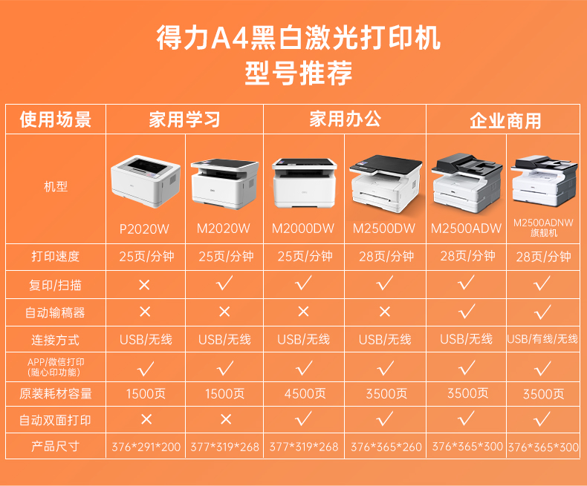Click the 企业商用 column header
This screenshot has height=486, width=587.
coord(505,121)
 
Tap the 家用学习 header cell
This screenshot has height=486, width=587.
coord(184,119)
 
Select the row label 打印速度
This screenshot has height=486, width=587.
coord(56,257)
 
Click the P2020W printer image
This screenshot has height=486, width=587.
coord(146,181)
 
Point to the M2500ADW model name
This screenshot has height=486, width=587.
coord(466,229)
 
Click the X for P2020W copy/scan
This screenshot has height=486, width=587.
coord(144,285)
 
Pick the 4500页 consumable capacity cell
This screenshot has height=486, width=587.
coord(305,394)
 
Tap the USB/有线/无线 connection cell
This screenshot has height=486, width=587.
coord(542,339)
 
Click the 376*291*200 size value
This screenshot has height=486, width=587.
coord(146,447)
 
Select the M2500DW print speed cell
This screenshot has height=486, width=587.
coord(386,257)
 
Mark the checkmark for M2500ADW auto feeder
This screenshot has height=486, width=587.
coord(467,312)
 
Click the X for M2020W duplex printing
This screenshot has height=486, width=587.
coord(226,419)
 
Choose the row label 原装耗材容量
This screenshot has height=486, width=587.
coord(56,394)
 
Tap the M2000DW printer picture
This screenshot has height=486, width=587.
coord(304,183)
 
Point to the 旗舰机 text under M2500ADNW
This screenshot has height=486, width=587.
coord(544,233)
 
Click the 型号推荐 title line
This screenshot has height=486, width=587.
coord(299,73)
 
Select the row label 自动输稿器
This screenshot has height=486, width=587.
coord(55,312)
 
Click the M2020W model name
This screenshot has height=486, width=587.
coord(224,229)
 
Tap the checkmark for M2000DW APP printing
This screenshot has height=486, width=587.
coord(304,368)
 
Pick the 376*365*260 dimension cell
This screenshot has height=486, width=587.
coord(386,447)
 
